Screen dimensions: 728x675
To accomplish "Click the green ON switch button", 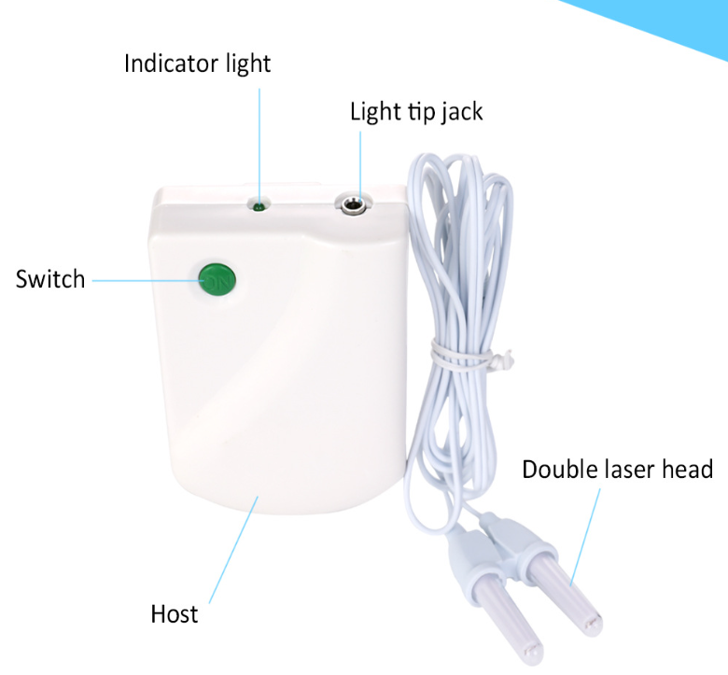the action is coord(217,280).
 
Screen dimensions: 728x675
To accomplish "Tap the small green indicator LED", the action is coord(259,206).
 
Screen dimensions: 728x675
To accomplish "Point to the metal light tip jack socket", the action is coord(353,204).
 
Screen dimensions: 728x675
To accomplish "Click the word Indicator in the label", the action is coord(172,63).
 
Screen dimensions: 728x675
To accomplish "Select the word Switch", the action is coord(50,279).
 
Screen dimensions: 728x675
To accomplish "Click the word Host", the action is coord(175,613).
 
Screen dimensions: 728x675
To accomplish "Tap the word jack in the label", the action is coord(461,112).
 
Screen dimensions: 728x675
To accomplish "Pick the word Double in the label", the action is coord(560,469).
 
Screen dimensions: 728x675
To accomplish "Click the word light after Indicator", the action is coord(248,64).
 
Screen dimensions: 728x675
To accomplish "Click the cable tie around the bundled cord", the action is coord(469,357).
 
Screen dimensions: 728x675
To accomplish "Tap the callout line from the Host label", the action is coord(233,550).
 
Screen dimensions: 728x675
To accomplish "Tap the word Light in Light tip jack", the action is coord(375,112).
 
